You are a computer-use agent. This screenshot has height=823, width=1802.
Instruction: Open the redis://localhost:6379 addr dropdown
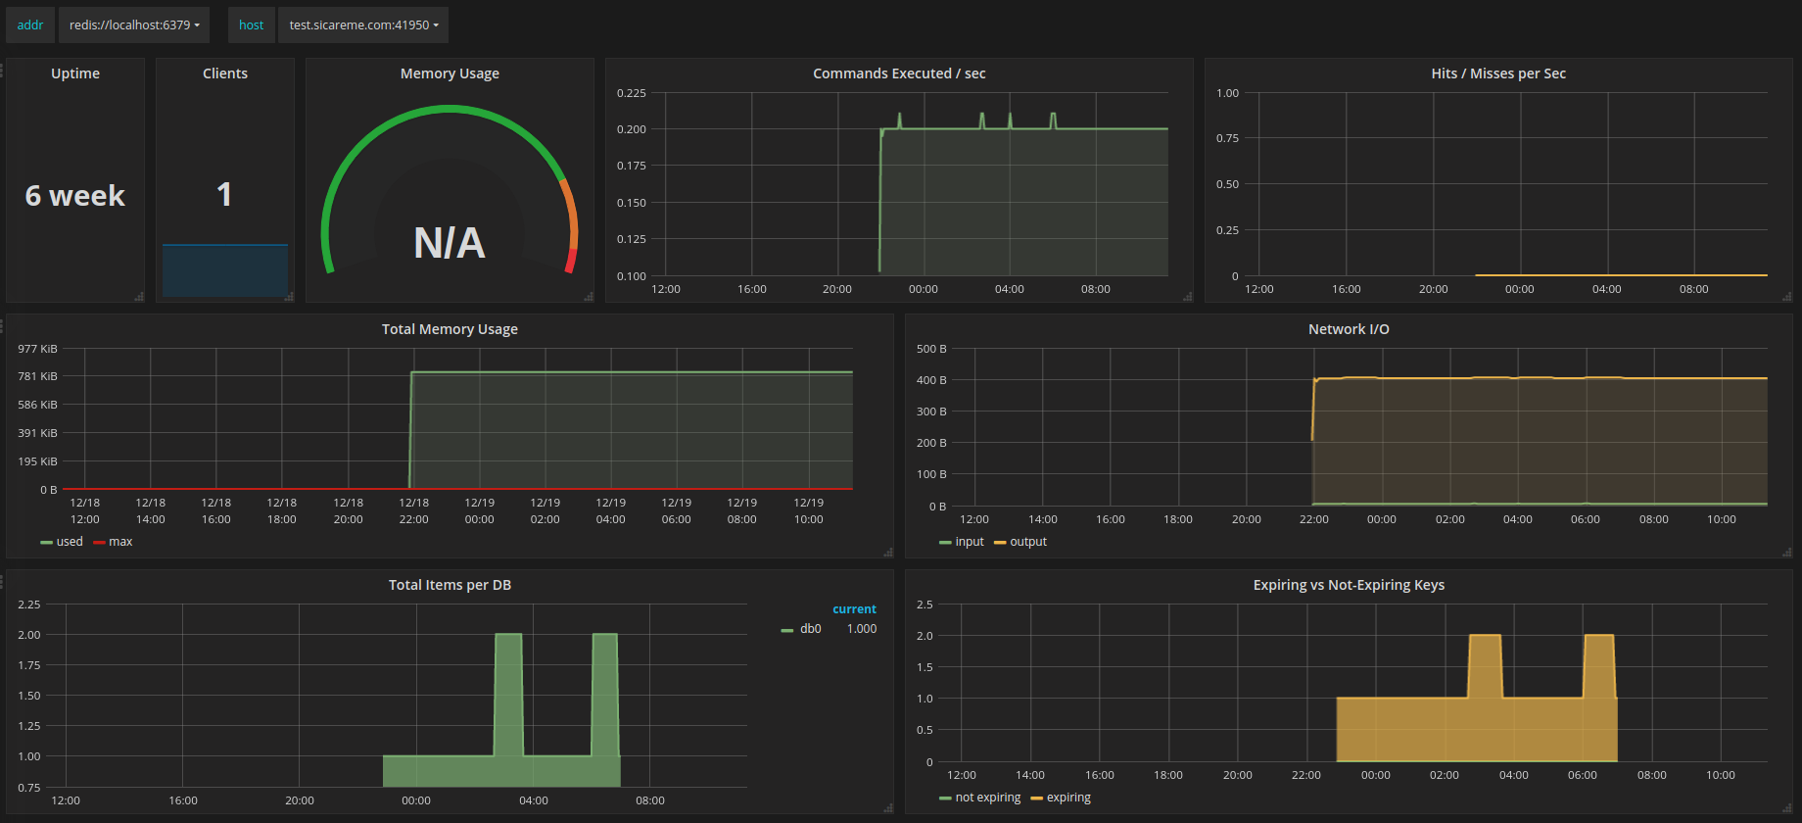coord(134,25)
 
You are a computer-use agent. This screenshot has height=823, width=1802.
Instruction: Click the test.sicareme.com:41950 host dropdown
coord(363,25)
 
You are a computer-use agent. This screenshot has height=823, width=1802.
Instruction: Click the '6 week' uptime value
coord(75,196)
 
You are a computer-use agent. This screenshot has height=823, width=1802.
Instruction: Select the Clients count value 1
coord(224,194)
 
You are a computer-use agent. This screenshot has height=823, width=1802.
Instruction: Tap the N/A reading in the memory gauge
coord(450,243)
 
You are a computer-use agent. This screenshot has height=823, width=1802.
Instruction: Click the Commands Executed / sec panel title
coord(899,73)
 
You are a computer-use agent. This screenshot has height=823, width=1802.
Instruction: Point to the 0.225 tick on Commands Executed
coord(632,93)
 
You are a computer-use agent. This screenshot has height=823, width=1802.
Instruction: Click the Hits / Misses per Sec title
coord(1498,73)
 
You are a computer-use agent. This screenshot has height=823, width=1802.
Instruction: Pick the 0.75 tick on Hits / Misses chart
coord(1227,138)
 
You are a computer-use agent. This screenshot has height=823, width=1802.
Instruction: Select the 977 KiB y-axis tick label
coord(37,349)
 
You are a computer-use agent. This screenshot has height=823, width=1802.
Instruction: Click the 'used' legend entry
coord(62,542)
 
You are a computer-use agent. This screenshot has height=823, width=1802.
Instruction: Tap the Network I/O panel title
coord(1349,329)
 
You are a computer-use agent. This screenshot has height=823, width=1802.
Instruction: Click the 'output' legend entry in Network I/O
coord(1020,542)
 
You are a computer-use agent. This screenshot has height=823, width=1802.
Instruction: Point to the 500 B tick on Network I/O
coord(931,349)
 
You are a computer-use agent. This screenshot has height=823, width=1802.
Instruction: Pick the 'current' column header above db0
coord(854,609)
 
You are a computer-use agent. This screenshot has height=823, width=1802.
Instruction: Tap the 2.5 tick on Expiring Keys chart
coord(925,605)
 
